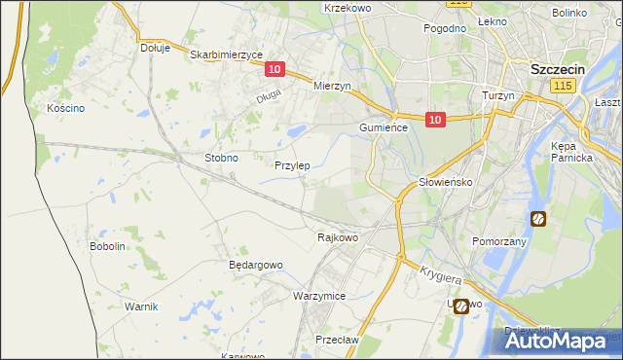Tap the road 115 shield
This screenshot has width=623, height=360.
coord(561,87)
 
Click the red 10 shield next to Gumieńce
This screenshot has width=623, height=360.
coord(435,120)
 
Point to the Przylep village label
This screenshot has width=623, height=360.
coord(292,165)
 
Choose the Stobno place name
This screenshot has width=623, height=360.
coord(221,157)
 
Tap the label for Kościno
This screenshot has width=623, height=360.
coord(66,108)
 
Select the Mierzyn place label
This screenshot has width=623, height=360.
coord(331,86)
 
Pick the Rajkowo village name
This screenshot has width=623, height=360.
coord(338,236)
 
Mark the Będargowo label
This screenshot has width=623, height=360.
coord(255,265)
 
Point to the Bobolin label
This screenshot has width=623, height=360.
coord(108,246)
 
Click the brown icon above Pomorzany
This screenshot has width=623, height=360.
coord(538,219)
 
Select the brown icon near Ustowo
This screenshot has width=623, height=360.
coord(460,306)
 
